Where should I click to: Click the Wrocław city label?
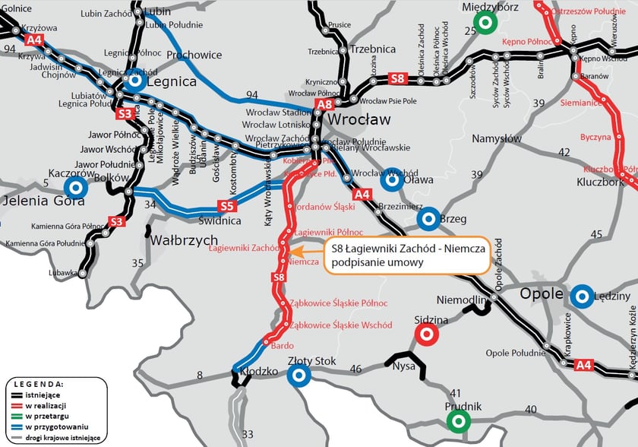coord(358,120)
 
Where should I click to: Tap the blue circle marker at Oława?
coord(392,179)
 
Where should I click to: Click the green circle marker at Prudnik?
coord(457,420)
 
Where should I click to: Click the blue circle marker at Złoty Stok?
coord(298,374)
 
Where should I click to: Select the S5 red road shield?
coord(227,206)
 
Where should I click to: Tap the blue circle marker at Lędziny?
coord(582,296)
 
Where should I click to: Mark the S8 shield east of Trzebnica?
coord(397,78)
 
